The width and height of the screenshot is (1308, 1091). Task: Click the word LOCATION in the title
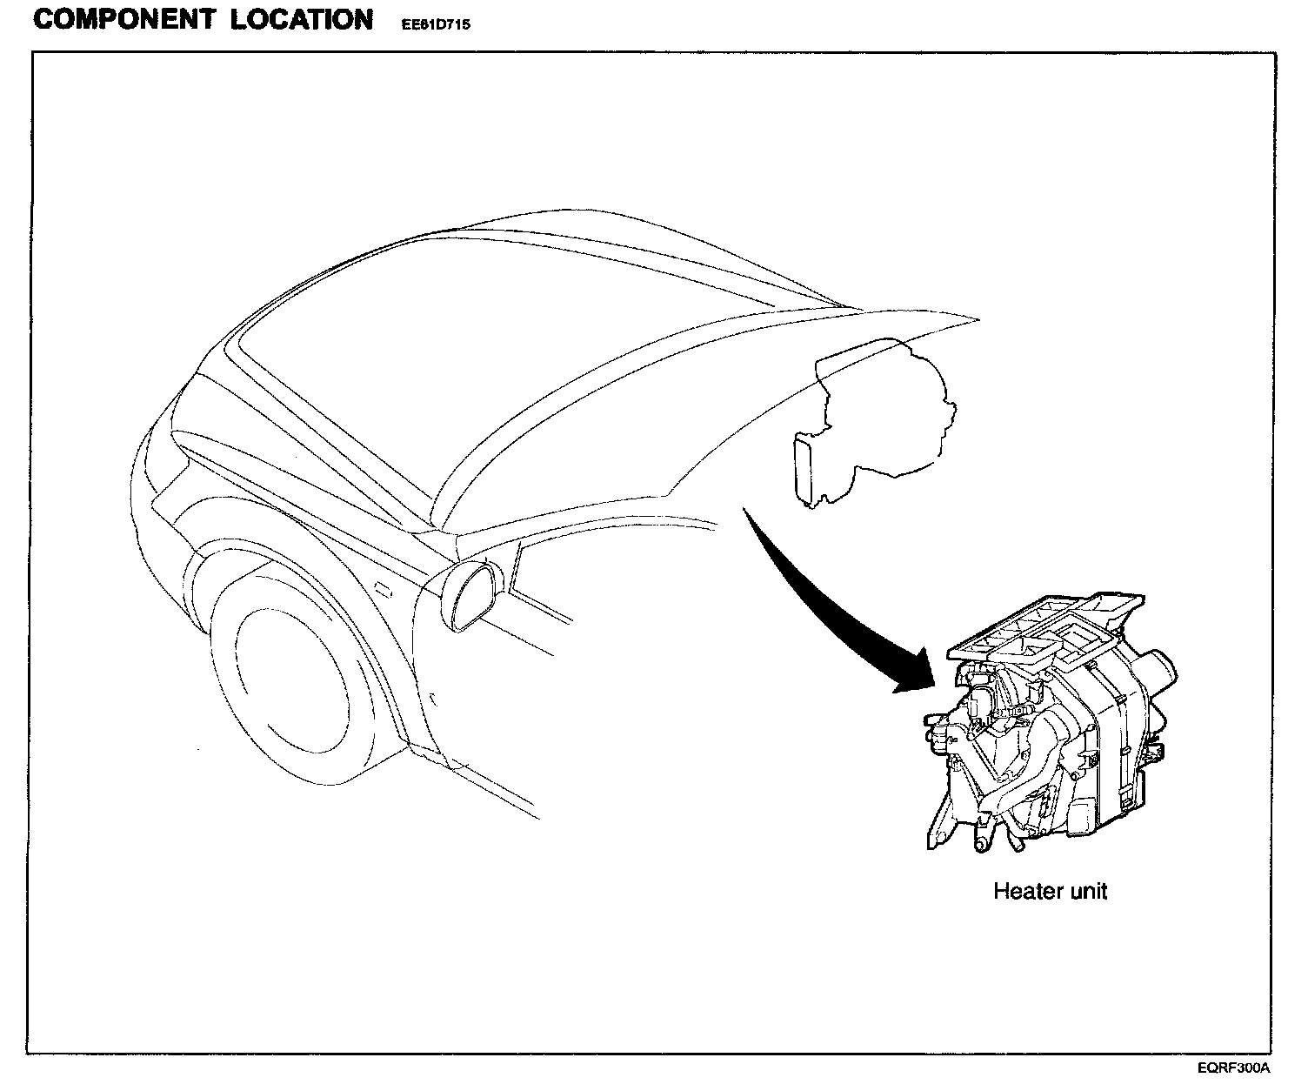pyautogui.click(x=302, y=20)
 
